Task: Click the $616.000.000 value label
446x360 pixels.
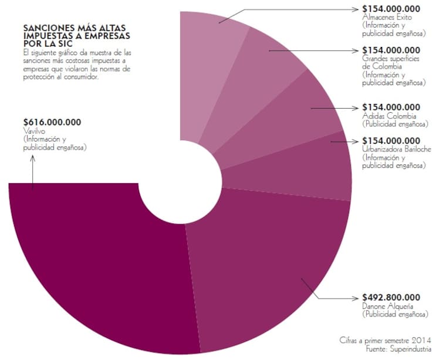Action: (x=52, y=122)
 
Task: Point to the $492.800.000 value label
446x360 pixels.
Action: (x=391, y=297)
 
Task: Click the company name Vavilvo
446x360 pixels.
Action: (x=34, y=132)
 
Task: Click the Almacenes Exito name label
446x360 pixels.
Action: (x=387, y=18)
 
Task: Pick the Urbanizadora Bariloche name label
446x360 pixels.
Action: (x=397, y=149)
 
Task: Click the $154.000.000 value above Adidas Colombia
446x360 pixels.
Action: (x=391, y=107)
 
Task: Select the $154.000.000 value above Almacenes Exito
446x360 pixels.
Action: (x=391, y=9)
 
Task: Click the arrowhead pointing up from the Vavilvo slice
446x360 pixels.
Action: (x=33, y=160)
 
